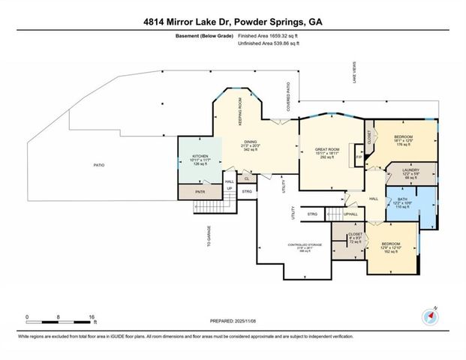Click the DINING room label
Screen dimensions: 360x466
pyautogui.click(x=250, y=142)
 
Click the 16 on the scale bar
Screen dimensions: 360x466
pyautogui.click(x=91, y=317)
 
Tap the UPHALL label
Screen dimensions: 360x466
pyautogui.click(x=350, y=215)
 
